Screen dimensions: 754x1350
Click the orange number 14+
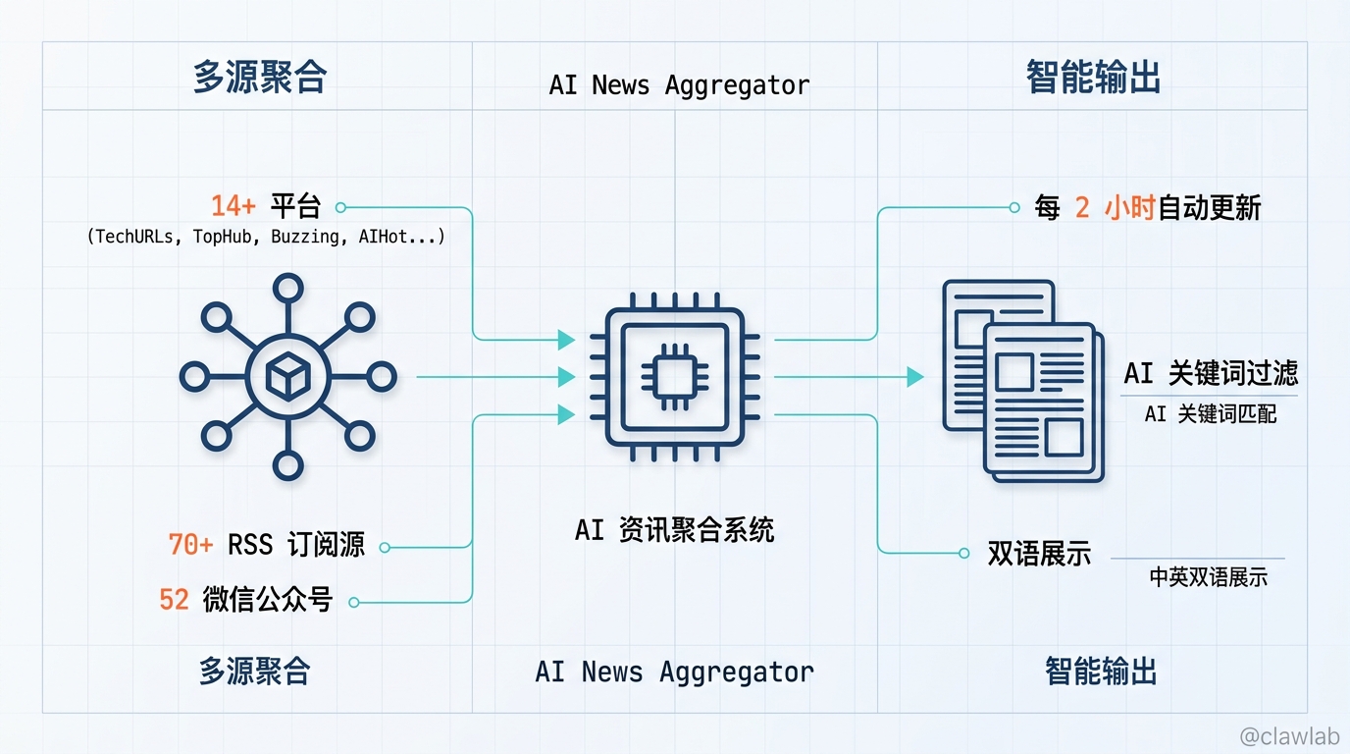pyautogui.click(x=234, y=206)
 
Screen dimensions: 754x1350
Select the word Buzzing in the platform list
pyautogui.click(x=303, y=237)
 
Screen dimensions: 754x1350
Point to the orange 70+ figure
pyautogui.click(x=190, y=545)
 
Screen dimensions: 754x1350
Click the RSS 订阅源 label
pyautogui.click(x=296, y=545)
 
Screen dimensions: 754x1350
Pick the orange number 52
pyautogui.click(x=174, y=599)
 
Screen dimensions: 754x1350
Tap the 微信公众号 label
pyautogui.click(x=268, y=599)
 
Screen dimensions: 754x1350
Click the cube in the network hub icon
pyautogui.click(x=287, y=376)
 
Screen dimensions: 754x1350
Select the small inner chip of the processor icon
pyautogui.click(x=674, y=376)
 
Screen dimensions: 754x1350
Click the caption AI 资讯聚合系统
pyautogui.click(x=674, y=530)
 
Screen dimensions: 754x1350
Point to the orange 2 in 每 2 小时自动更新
pyautogui.click(x=1082, y=208)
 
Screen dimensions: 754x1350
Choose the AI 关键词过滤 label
pyautogui.click(x=1211, y=373)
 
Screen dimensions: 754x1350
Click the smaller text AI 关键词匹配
pyautogui.click(x=1211, y=414)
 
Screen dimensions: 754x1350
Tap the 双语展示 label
pyautogui.click(x=1039, y=554)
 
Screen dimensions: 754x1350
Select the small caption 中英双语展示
pyautogui.click(x=1209, y=577)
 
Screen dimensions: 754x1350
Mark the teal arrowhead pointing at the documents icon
pyautogui.click(x=915, y=376)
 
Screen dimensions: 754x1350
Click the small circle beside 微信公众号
pyautogui.click(x=354, y=602)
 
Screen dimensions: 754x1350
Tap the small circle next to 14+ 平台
pyautogui.click(x=340, y=207)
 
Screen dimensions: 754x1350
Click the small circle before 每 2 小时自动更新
pyautogui.click(x=1014, y=208)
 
